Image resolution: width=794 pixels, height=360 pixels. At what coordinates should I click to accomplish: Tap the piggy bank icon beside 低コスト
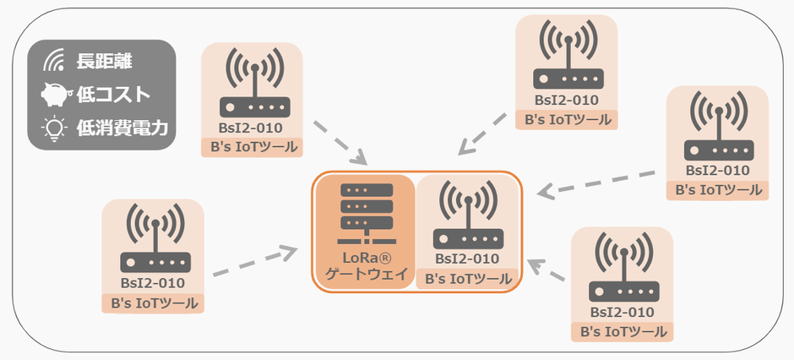tap(56, 95)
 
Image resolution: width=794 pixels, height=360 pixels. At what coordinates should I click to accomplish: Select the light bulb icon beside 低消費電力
tap(55, 128)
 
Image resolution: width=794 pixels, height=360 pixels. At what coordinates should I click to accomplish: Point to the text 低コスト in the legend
tap(113, 95)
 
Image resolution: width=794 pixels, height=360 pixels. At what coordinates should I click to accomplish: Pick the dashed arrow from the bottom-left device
tap(253, 262)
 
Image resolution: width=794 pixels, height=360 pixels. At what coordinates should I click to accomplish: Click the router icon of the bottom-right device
tap(623, 268)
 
